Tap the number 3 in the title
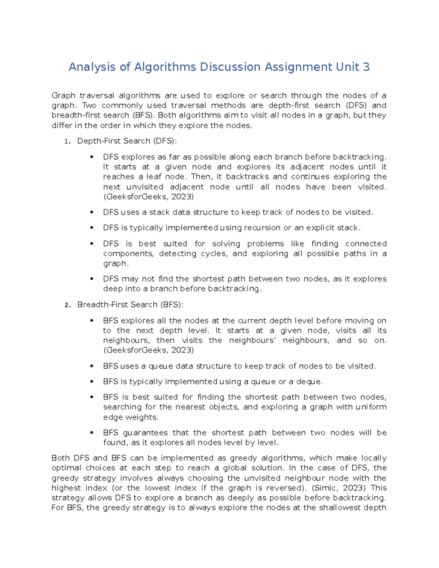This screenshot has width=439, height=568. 366,67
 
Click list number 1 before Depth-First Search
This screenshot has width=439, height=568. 67,142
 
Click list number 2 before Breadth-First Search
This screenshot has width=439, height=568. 67,305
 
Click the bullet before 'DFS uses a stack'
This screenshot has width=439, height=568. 92,212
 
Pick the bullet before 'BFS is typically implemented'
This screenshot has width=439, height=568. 92,381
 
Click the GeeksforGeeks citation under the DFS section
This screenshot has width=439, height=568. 149,197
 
